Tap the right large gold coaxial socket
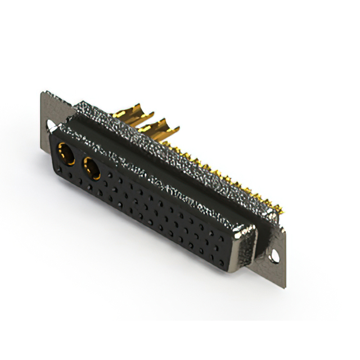pyautogui.click(x=92, y=168)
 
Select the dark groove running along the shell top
pyautogui.click(x=169, y=163)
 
